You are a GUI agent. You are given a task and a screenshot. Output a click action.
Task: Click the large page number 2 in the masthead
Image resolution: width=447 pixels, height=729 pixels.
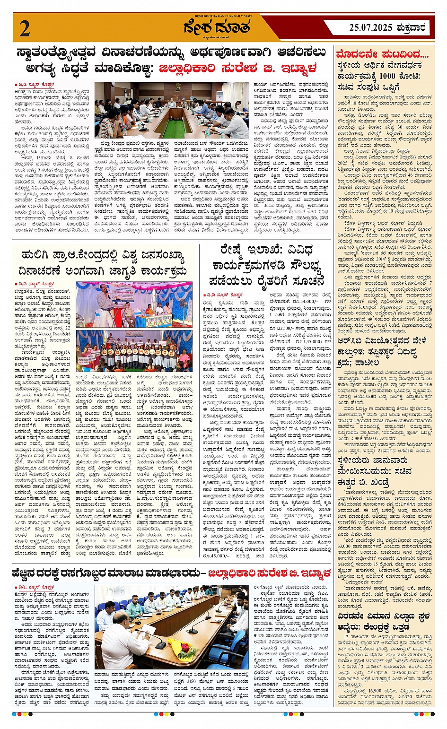25,29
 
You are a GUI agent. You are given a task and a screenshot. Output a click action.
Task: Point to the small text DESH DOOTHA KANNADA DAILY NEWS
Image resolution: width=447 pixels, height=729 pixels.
224,16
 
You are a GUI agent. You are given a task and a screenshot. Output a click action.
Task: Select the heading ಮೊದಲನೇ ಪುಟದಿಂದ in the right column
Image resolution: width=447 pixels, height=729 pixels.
382,54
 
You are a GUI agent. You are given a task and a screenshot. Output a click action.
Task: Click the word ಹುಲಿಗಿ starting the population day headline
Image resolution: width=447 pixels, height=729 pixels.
39,257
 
